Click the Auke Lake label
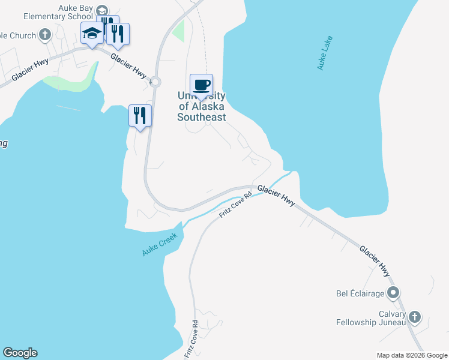(325, 53)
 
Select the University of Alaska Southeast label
(202, 107)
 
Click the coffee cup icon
(202, 85)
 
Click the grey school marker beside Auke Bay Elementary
(102, 10)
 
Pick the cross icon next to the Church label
(45, 35)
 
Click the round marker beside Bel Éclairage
(393, 293)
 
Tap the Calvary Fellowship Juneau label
(370, 318)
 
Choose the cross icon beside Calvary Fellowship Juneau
(414, 316)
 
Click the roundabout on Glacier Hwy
(155, 82)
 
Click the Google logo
(20, 353)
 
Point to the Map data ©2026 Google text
(412, 355)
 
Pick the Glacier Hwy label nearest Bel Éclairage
(375, 260)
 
